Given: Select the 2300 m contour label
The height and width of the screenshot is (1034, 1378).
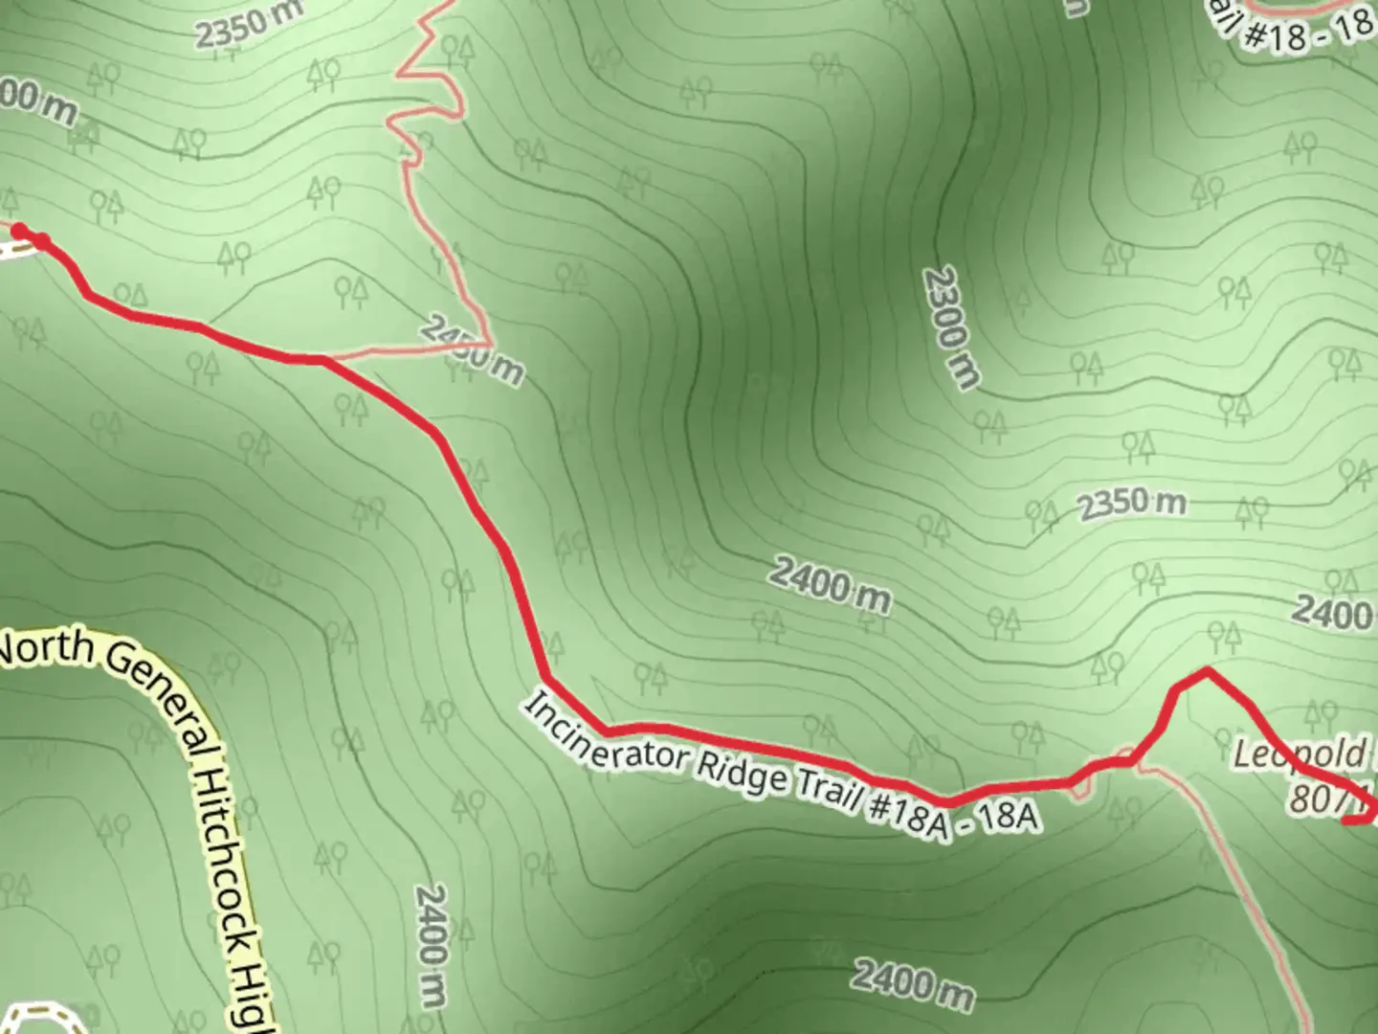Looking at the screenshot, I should click(x=951, y=328).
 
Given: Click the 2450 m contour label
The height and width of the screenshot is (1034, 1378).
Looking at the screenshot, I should click(x=472, y=352).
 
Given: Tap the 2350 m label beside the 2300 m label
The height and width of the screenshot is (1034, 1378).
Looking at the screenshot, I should click(x=1132, y=505).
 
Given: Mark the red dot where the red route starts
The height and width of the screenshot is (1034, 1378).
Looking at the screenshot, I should click(x=19, y=230).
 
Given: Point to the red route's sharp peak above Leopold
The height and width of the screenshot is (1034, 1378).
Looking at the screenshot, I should click(x=1208, y=672).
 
